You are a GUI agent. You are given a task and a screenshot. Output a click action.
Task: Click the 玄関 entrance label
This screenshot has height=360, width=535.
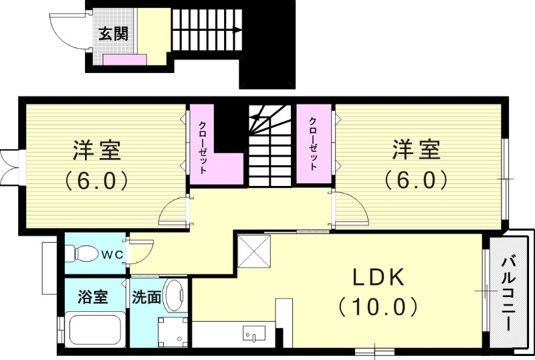114,33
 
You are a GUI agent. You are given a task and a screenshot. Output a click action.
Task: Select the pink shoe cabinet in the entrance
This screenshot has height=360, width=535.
125,60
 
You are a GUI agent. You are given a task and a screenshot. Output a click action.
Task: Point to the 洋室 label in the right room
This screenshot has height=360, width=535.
416,150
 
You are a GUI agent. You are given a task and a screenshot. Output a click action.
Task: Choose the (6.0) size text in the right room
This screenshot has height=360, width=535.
415,179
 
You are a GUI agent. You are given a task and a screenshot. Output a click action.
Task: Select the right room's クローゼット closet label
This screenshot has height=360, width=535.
313,143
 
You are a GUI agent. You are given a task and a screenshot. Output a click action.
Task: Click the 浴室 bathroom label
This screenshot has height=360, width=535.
93,296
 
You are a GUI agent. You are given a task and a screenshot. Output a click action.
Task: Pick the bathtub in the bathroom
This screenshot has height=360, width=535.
93,330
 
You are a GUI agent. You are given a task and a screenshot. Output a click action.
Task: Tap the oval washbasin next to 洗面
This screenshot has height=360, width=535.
175,296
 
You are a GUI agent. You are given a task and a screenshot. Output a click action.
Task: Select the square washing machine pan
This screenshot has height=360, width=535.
173,330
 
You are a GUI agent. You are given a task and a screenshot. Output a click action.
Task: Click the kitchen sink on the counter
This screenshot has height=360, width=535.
254,333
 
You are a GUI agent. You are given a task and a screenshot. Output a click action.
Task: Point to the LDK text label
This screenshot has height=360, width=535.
378,277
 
